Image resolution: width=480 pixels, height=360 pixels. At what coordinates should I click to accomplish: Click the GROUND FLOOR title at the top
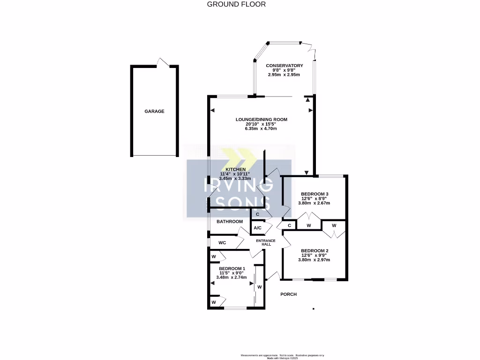click(236, 4)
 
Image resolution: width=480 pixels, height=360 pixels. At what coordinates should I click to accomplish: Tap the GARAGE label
click(154, 112)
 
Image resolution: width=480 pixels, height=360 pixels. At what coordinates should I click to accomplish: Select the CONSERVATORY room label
click(284, 66)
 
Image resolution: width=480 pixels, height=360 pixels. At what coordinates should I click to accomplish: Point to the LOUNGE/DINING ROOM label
click(261, 120)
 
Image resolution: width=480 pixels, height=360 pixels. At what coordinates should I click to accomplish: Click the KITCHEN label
click(235, 169)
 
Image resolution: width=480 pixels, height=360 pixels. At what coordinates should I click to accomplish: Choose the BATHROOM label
click(230, 222)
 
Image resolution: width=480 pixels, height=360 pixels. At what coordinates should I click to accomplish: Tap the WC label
click(223, 243)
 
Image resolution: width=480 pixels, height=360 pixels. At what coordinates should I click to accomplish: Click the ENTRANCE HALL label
click(265, 242)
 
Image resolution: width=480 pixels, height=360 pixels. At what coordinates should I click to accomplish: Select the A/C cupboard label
click(257, 228)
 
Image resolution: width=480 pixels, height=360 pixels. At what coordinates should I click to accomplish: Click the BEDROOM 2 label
click(315, 251)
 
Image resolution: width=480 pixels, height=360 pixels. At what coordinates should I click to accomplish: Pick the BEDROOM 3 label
click(315, 194)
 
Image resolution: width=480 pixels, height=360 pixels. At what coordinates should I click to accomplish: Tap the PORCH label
click(288, 294)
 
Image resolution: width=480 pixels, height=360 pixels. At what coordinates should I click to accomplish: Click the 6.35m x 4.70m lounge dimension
click(261, 128)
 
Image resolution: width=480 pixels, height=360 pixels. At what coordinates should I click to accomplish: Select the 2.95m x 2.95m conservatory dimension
click(284, 75)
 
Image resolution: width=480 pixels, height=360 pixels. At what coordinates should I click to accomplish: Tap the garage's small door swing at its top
click(163, 63)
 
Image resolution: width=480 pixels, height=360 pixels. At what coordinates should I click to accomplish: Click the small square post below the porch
click(313, 309)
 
